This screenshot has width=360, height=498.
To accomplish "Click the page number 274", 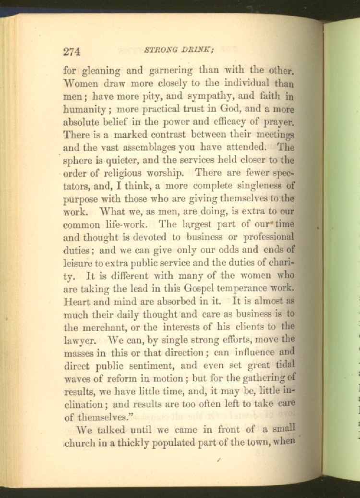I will pos(71,51).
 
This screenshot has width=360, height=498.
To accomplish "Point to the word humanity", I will pos(85,109).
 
